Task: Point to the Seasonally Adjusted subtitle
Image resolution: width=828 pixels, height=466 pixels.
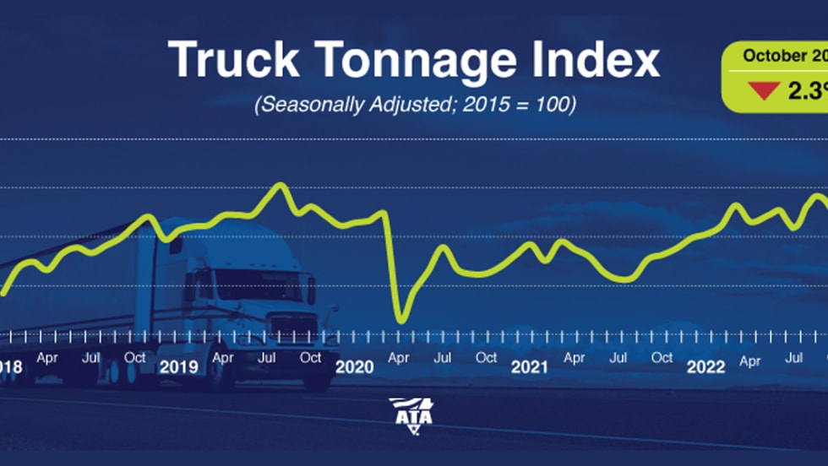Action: click(x=414, y=106)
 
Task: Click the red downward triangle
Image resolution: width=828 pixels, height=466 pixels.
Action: click(x=764, y=89)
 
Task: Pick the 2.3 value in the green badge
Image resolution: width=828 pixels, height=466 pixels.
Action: click(x=807, y=90)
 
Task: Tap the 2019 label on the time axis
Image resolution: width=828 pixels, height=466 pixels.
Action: click(x=178, y=367)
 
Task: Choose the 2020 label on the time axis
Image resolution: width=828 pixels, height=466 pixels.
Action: click(x=354, y=367)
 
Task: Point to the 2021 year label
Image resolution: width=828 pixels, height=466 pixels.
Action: click(x=530, y=367)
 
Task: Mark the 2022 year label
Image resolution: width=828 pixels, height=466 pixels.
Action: click(x=705, y=367)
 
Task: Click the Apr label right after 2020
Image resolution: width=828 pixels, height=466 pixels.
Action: click(x=399, y=358)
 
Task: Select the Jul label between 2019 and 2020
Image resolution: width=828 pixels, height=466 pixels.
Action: click(x=266, y=358)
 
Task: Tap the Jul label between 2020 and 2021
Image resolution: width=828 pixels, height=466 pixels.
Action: click(x=442, y=358)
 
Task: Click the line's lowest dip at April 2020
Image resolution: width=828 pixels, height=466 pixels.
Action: click(x=401, y=322)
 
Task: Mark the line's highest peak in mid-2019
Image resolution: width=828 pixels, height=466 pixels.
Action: click(x=281, y=185)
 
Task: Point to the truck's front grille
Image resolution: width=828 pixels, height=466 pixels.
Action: click(x=293, y=325)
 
